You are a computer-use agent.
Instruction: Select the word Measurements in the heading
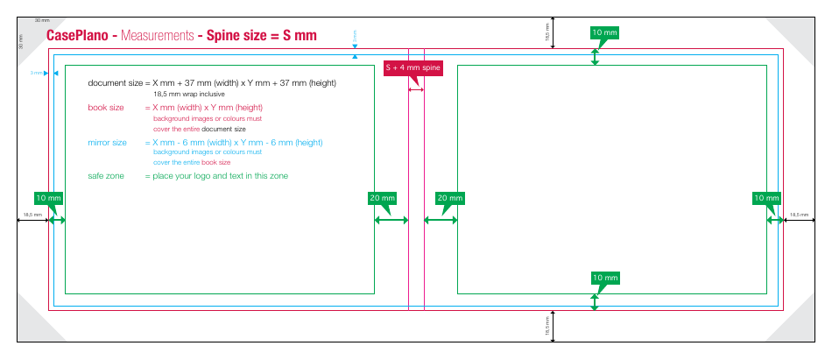[x=158, y=37]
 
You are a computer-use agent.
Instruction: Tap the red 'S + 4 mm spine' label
[x=414, y=68]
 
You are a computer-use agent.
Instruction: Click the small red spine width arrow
[x=416, y=89]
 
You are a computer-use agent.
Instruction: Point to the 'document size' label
[x=115, y=83]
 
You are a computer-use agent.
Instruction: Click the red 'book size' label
[x=106, y=108]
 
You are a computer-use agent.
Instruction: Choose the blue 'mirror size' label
[x=108, y=142]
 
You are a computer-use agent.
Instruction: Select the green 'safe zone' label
[x=107, y=176]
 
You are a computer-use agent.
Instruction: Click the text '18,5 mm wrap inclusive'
[x=189, y=94]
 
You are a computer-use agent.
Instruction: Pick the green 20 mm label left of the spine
[x=382, y=199]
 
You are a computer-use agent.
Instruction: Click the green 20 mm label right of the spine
[x=449, y=199]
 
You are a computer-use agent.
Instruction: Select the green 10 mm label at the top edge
[x=604, y=33]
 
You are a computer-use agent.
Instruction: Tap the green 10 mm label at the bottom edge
[x=604, y=279]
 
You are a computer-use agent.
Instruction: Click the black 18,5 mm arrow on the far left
[x=32, y=221]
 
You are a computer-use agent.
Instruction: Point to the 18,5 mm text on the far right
[x=799, y=214]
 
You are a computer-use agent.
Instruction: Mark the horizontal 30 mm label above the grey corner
[x=42, y=19]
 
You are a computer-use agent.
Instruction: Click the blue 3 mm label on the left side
[x=36, y=74]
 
